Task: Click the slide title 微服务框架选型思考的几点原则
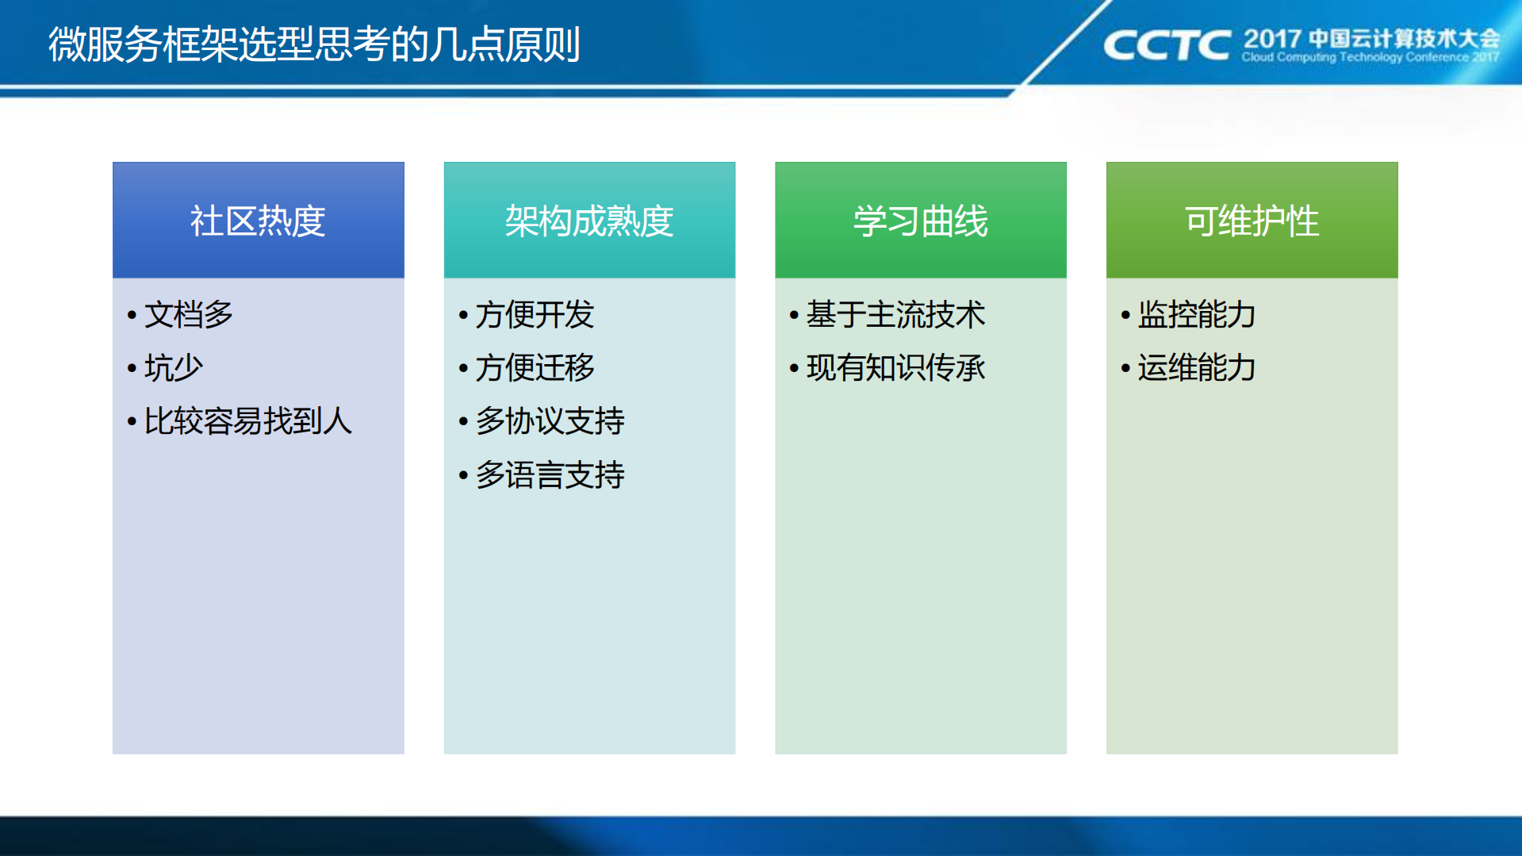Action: point(314,44)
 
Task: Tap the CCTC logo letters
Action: point(1166,45)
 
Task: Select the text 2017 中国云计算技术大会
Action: point(1371,38)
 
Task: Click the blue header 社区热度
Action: point(258,221)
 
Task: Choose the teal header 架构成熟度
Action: point(589,221)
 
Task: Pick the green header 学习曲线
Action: point(920,221)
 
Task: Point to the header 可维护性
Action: point(1252,221)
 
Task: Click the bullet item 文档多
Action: point(189,315)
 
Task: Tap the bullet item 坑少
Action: point(174,368)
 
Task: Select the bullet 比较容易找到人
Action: point(247,421)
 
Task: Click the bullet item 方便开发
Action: point(535,315)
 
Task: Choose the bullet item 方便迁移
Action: point(535,368)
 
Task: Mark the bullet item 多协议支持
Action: point(550,421)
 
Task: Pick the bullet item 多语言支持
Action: point(550,475)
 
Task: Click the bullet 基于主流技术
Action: point(895,315)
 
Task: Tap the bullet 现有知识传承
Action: point(895,368)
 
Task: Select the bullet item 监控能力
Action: point(1196,315)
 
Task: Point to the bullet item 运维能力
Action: point(1196,368)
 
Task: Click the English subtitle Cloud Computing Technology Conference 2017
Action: point(1370,57)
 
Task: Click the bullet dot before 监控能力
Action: point(1125,316)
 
